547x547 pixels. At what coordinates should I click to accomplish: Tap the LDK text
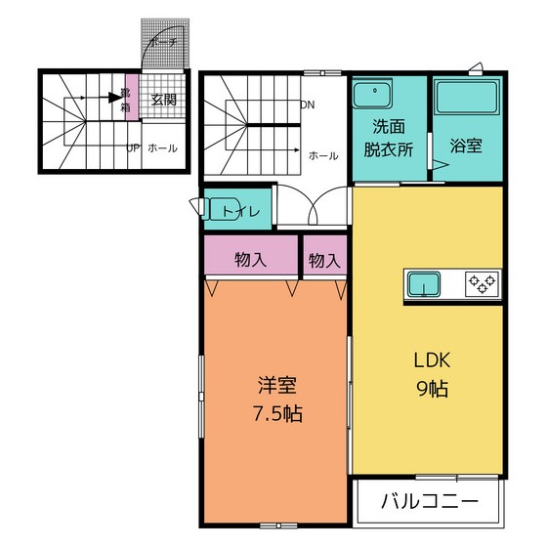428,358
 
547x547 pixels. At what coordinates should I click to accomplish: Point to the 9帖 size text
428,388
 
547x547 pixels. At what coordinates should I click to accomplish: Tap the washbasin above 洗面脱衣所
371,96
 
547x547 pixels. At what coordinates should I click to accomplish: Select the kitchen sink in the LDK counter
424,284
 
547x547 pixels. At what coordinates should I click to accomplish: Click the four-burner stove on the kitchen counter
481,284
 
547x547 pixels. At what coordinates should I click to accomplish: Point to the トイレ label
240,211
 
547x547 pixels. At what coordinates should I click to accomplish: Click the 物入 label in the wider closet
251,260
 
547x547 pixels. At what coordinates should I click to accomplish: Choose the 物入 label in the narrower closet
324,260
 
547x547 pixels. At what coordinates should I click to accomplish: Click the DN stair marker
308,105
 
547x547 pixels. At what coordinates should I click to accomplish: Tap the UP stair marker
133,148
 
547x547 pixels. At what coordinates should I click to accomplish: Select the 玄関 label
163,100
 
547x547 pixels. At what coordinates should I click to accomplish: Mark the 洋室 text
276,384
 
